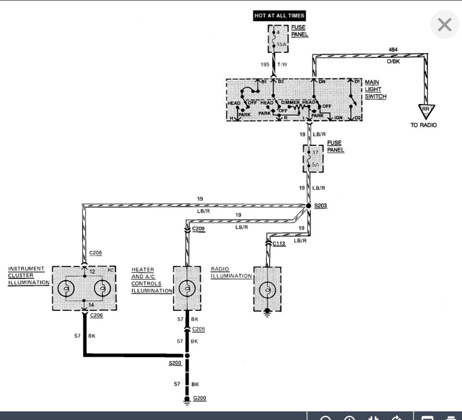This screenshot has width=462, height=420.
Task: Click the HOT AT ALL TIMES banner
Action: [x=279, y=16]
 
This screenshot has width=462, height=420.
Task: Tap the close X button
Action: [x=444, y=24]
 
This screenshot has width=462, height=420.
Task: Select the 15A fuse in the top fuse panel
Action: [x=278, y=39]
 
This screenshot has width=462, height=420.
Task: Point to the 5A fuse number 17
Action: [x=313, y=158]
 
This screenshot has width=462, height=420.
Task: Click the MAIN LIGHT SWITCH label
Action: [x=375, y=89]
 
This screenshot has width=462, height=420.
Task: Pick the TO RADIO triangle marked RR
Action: [x=426, y=112]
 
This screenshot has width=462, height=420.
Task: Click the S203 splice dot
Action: [x=308, y=206]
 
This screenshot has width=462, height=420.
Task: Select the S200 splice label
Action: [x=175, y=363]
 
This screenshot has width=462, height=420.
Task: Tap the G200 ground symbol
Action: [x=187, y=400]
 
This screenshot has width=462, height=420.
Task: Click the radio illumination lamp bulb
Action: [x=267, y=290]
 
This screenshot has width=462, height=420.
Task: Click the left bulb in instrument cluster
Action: [x=66, y=289]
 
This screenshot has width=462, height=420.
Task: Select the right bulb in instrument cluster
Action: [x=102, y=289]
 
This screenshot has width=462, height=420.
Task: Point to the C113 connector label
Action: [x=279, y=244]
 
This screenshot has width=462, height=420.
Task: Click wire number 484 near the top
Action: [x=393, y=49]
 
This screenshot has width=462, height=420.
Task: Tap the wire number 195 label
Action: [x=265, y=64]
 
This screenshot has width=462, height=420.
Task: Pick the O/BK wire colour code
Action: [x=393, y=61]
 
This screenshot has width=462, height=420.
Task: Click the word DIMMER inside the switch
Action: [x=290, y=102]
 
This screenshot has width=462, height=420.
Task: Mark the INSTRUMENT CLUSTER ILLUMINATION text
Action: [x=29, y=276]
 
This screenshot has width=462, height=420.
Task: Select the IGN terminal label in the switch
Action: [x=338, y=117]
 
